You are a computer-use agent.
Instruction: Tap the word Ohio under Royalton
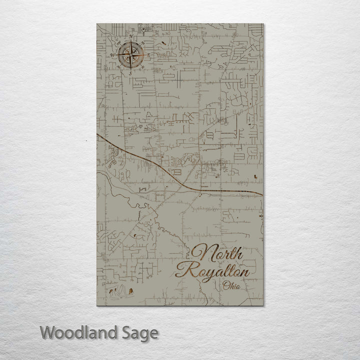click(x=232, y=286)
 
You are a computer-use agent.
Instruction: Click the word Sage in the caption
click(x=142, y=332)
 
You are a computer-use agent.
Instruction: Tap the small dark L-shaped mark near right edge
click(x=256, y=176)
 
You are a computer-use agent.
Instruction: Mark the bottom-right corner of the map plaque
click(x=263, y=306)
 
